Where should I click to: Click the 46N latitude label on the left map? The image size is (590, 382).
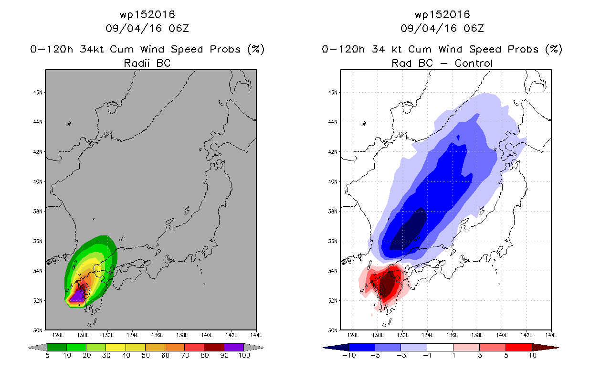click(x=38, y=93)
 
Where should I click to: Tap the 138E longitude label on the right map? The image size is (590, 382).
click(x=477, y=335)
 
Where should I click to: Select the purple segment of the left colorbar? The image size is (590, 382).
click(x=234, y=347)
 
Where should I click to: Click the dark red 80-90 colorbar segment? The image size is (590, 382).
click(x=214, y=347)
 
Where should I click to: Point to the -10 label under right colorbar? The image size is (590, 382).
click(x=349, y=355)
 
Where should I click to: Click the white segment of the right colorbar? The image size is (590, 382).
click(x=440, y=347)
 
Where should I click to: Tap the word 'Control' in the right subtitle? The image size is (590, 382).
click(x=474, y=63)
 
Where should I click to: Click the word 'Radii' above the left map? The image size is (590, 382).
click(x=137, y=63)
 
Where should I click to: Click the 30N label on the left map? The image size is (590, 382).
click(x=38, y=330)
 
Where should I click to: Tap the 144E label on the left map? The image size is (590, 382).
click(x=256, y=335)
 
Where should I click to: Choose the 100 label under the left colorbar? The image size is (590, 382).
click(x=244, y=355)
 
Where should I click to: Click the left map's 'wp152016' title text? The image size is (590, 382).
click(x=147, y=15)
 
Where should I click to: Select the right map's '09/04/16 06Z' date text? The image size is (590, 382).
click(x=442, y=29)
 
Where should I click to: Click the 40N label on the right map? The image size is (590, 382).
click(x=333, y=182)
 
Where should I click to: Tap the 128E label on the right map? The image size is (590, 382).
click(x=353, y=335)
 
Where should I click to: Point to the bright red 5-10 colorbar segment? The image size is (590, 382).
click(x=518, y=347)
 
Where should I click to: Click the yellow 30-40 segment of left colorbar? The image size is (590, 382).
click(x=116, y=347)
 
